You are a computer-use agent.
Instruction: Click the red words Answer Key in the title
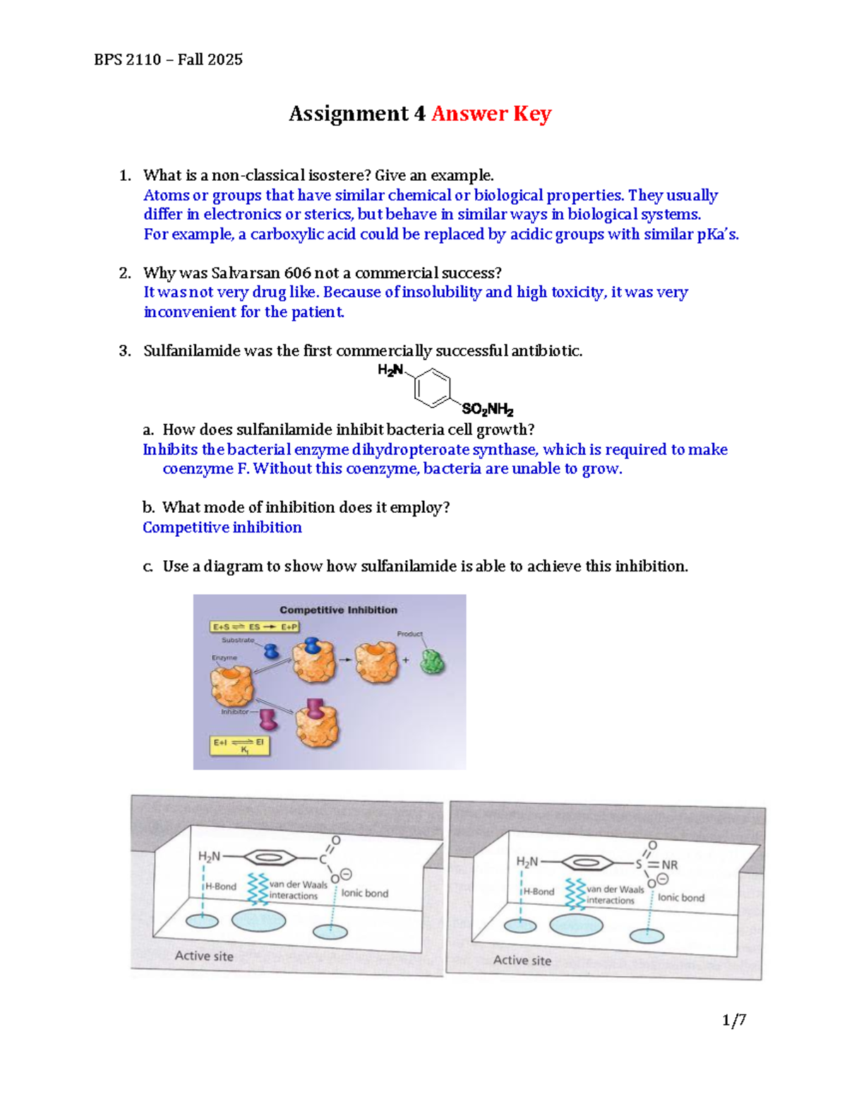tap(491, 114)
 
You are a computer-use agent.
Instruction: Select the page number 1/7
tap(734, 1020)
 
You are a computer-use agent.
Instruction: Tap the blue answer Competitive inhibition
tap(222, 528)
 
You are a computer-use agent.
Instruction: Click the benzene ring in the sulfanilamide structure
tap(433, 388)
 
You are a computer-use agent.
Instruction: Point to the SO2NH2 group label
tap(487, 410)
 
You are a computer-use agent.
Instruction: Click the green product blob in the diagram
tap(432, 662)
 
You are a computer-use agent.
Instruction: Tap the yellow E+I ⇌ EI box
tap(241, 745)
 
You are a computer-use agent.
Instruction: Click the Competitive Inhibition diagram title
tap(338, 610)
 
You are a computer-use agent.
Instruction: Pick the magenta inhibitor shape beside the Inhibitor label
tap(268, 720)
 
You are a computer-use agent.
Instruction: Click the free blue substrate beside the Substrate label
tap(271, 650)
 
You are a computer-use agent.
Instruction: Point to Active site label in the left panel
tap(204, 956)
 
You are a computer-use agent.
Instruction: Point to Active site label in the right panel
tap(522, 960)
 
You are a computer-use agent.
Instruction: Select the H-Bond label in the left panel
tap(220, 887)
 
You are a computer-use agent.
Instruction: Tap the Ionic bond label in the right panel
tap(681, 898)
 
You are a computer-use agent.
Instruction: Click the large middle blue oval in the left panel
tap(259, 920)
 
